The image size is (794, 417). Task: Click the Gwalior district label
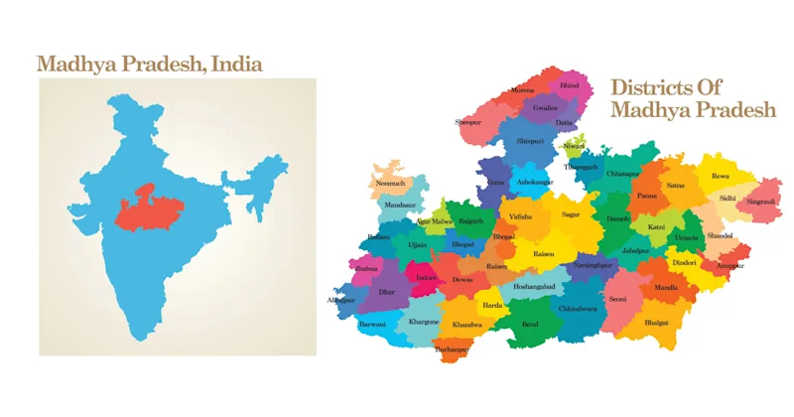(x=545, y=106)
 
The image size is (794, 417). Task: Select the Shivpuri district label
(x=531, y=143)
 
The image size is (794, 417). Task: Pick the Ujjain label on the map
(x=417, y=244)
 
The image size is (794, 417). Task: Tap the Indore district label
(x=426, y=278)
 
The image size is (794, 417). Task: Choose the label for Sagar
(x=570, y=214)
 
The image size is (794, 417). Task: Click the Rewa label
(x=721, y=177)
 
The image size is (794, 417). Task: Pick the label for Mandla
(x=666, y=288)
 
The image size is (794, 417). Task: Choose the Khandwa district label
(x=466, y=325)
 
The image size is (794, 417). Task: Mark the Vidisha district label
(x=520, y=215)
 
